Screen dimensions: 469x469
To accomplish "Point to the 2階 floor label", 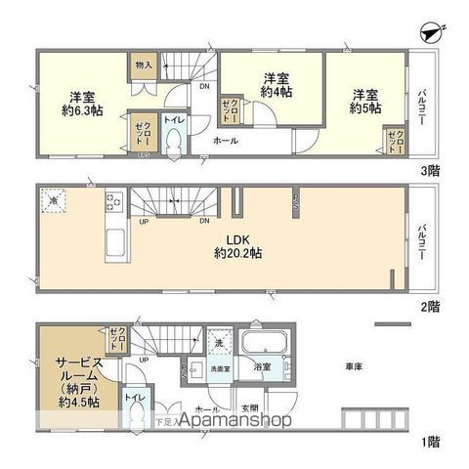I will click(x=430, y=306).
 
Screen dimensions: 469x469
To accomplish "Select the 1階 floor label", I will click(x=430, y=441).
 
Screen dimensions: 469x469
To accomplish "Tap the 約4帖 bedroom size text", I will click(x=277, y=92).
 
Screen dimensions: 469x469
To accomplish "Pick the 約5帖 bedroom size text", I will click(x=365, y=108).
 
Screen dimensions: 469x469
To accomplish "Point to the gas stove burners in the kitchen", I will click(x=112, y=202).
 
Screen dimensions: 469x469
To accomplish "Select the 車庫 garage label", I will click(x=355, y=367).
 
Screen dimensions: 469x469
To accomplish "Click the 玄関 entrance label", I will click(x=249, y=408).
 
